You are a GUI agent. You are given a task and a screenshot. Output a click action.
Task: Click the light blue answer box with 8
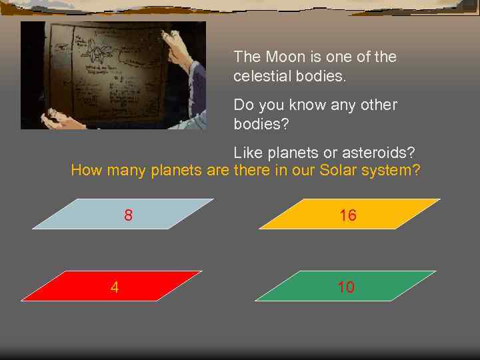pos(123,214)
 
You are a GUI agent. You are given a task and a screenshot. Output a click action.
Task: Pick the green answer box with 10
pos(346,287)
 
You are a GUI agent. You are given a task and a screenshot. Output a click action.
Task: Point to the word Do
pos(243,105)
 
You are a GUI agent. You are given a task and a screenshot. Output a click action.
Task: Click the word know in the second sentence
pos(303,105)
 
